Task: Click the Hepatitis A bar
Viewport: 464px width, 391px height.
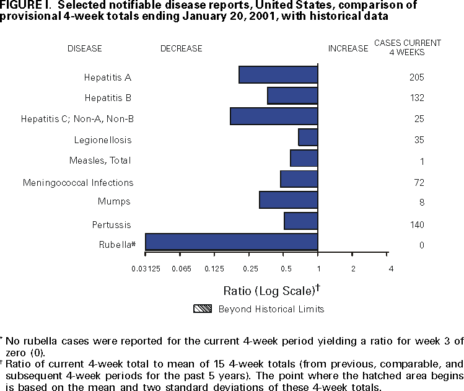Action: point(278,74)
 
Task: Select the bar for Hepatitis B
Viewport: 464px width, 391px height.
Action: point(292,95)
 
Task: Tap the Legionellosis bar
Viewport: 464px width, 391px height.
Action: point(308,137)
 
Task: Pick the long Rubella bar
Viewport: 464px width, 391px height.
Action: point(231,242)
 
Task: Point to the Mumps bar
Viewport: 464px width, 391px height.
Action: point(288,200)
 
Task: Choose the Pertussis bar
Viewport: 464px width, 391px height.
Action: point(300,221)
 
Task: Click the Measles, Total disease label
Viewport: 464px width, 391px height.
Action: point(100,161)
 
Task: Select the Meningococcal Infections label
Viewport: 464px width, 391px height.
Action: point(78,183)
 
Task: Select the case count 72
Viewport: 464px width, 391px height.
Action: point(418,183)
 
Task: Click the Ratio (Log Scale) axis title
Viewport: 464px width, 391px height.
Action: point(271,290)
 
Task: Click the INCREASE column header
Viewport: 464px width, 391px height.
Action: point(348,48)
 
